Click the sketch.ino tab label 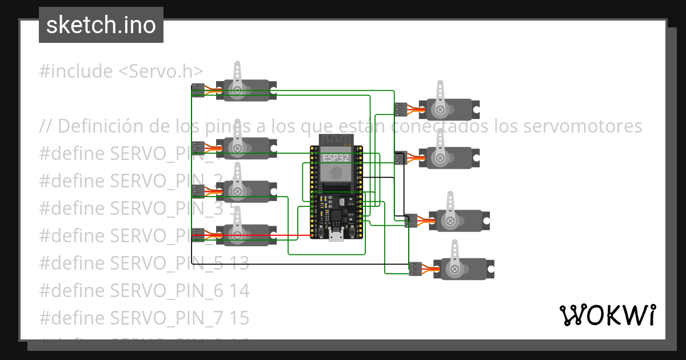[101, 25]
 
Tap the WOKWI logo [607, 315]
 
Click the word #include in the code [75, 71]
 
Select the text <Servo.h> [161, 71]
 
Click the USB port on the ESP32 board [336, 235]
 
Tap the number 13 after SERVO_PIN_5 [240, 263]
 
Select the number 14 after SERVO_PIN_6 [240, 290]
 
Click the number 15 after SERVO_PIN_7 [240, 317]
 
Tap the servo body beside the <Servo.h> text [246, 90]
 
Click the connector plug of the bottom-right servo [416, 268]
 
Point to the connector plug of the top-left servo [198, 89]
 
